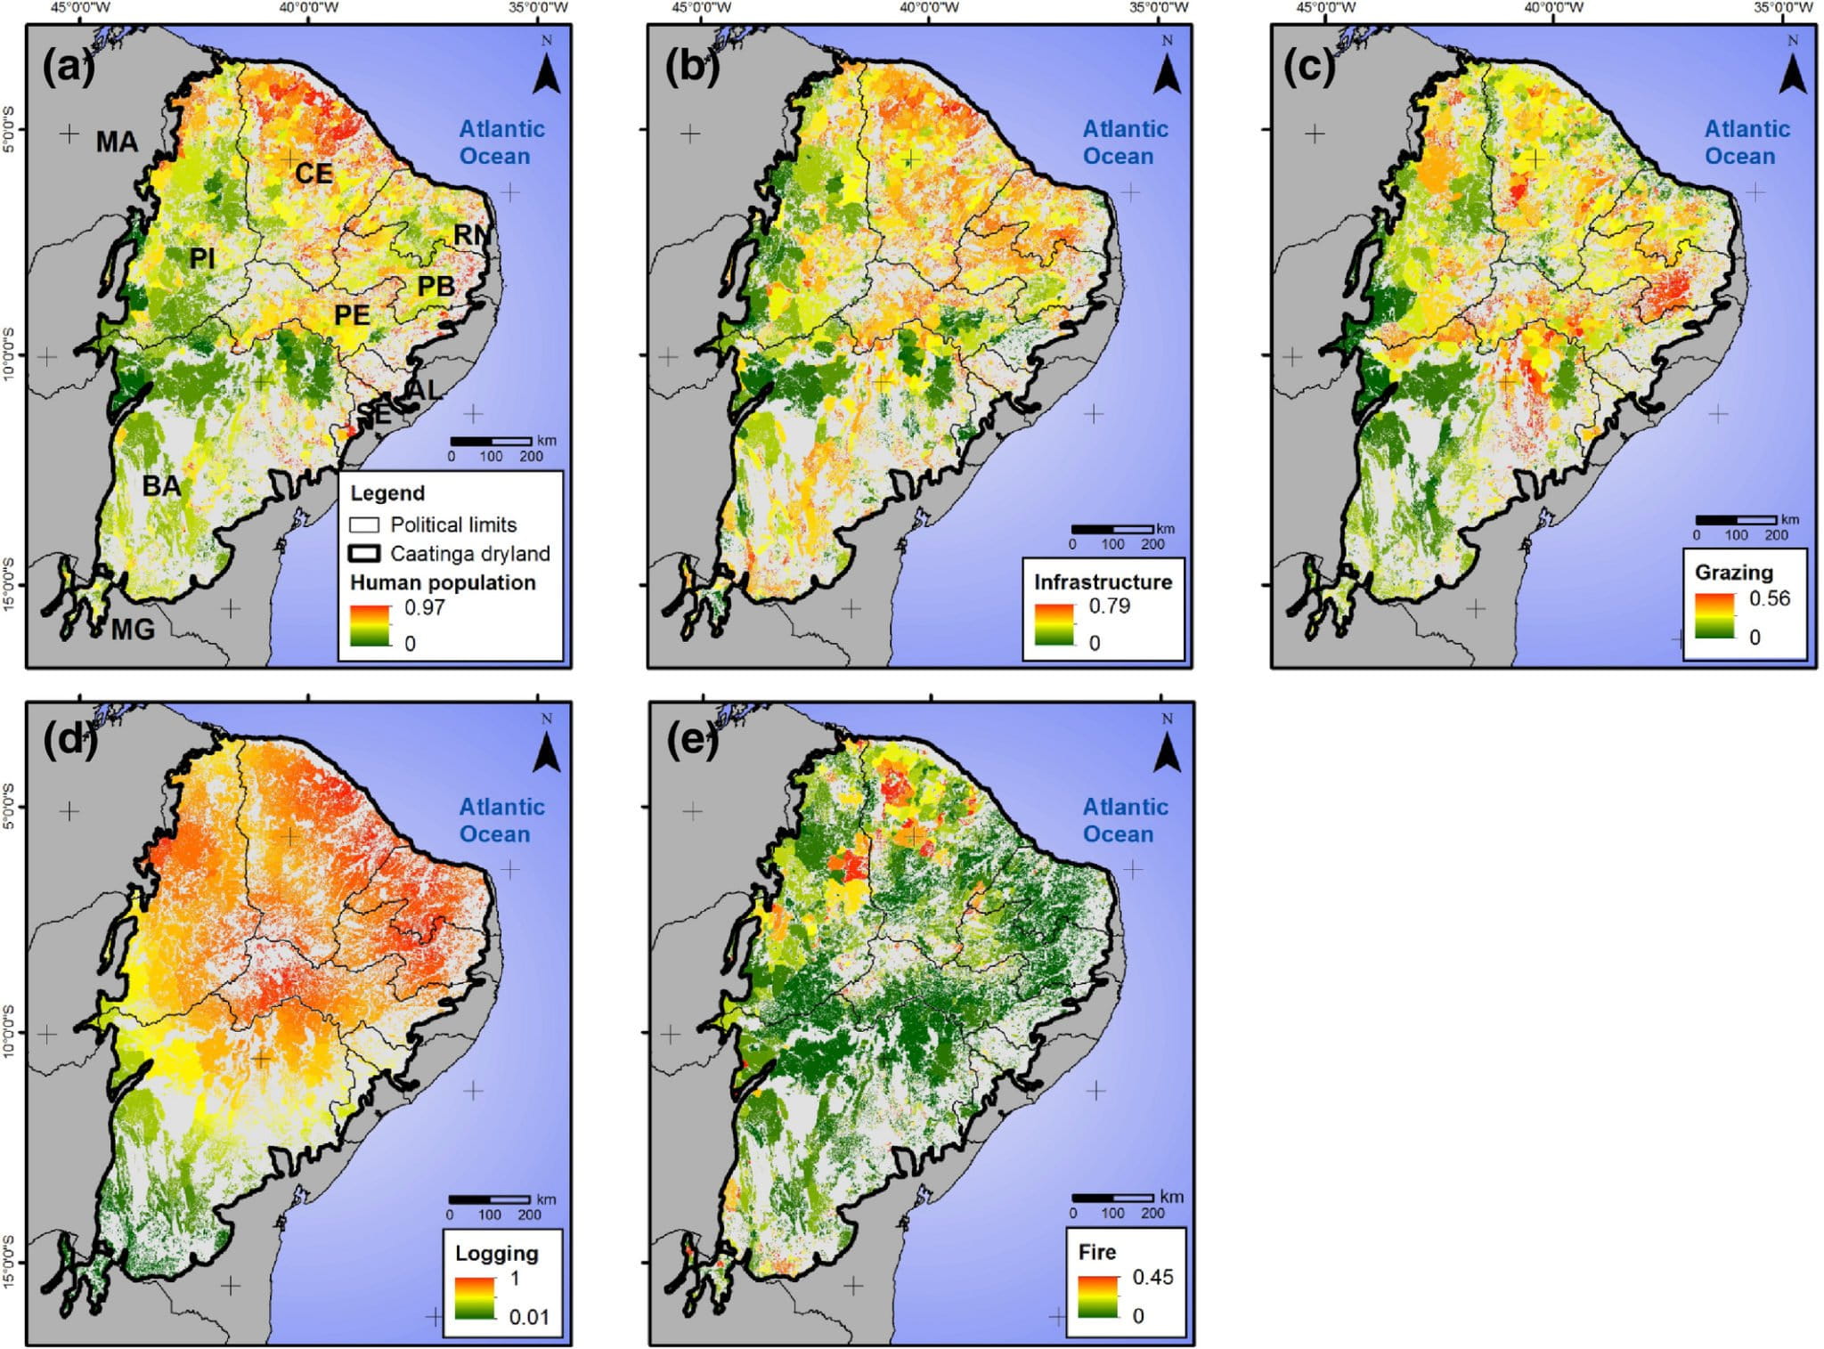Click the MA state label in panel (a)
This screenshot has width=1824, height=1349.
pyautogui.click(x=117, y=142)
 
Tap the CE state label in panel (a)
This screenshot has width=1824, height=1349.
pyautogui.click(x=313, y=173)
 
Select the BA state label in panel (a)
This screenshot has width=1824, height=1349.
pyautogui.click(x=161, y=485)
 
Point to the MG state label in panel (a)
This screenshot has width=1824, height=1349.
pyautogui.click(x=133, y=630)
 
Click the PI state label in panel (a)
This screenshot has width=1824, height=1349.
pyautogui.click(x=202, y=258)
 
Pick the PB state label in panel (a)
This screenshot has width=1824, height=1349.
pyautogui.click(x=436, y=286)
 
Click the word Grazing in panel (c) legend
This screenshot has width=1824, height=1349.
pyautogui.click(x=1733, y=572)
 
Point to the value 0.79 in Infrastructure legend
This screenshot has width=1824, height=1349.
pyautogui.click(x=1109, y=606)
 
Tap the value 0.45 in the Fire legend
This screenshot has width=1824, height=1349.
pyautogui.click(x=1152, y=1277)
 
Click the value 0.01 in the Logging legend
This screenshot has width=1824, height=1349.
pyautogui.click(x=528, y=1316)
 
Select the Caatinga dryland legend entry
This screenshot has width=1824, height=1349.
pyautogui.click(x=452, y=554)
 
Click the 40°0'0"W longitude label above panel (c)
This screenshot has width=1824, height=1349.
pyautogui.click(x=1553, y=8)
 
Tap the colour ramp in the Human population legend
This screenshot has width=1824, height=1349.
pyautogui.click(x=370, y=625)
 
